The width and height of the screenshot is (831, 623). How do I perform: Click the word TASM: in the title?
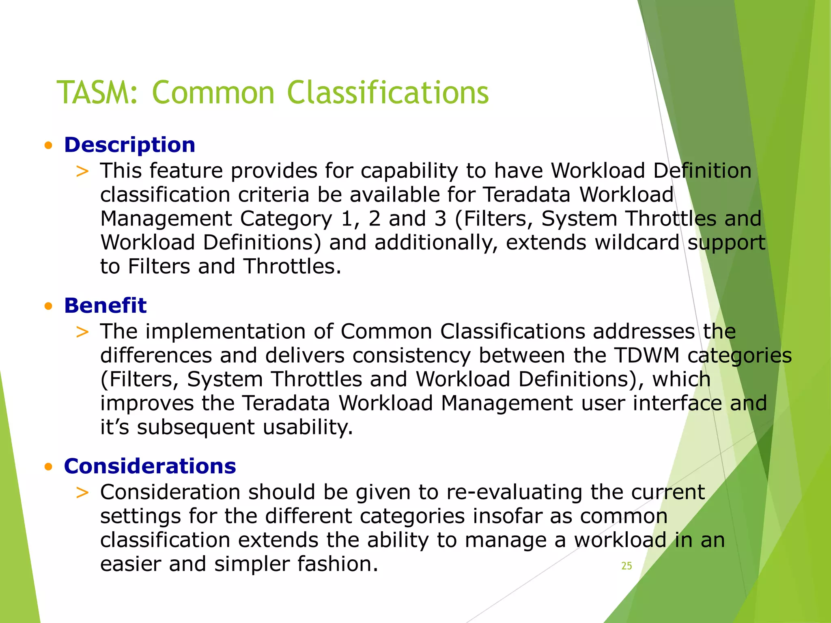coord(97,92)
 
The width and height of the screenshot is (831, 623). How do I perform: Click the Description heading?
coord(129,145)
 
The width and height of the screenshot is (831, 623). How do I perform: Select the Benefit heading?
coord(105,305)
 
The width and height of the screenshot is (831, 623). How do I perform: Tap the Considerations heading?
coord(150,466)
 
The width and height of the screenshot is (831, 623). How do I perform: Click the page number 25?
coord(626,566)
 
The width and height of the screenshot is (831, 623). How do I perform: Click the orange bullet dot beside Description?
coord(49,146)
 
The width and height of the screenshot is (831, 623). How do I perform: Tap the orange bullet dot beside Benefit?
coord(49,306)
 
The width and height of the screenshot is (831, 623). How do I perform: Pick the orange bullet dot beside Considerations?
coord(49,467)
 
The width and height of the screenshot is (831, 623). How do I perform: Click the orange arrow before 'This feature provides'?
coord(82,171)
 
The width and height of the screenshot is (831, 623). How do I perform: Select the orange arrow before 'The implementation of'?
coord(82,332)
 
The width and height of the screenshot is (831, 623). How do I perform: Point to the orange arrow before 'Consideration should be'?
coord(82,492)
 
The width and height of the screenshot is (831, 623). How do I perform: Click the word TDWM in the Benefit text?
coord(647,355)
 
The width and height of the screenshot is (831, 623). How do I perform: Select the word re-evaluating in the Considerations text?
coord(515,492)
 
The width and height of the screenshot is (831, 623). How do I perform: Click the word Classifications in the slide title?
coord(388,92)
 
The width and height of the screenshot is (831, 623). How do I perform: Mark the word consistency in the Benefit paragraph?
coord(411,355)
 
